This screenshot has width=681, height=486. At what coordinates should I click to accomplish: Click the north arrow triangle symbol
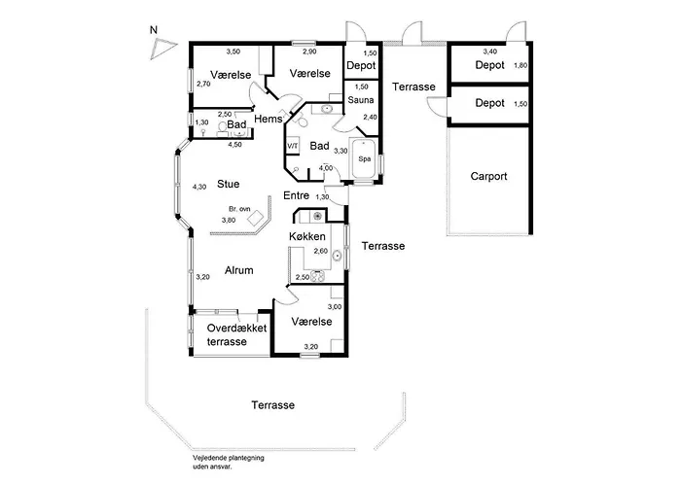(x=162, y=49)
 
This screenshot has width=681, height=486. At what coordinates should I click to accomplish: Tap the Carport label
(x=488, y=177)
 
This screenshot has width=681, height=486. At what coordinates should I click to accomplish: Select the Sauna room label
(x=361, y=100)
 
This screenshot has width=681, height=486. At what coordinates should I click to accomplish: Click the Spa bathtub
(x=365, y=158)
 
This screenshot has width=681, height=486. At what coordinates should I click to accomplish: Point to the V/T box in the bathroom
(x=292, y=146)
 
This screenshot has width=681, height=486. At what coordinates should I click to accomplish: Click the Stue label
(x=229, y=184)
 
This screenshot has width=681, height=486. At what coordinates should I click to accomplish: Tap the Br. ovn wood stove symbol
(x=256, y=218)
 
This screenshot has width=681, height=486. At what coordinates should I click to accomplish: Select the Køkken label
(x=307, y=236)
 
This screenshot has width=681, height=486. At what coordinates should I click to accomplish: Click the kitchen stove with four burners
(x=318, y=276)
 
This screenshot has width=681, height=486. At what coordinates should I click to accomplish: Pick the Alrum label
(x=239, y=270)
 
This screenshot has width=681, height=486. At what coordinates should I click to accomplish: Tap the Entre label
(x=296, y=195)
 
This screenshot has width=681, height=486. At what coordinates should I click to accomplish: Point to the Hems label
(x=268, y=119)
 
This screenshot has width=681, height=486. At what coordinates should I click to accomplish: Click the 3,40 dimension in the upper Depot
(x=490, y=52)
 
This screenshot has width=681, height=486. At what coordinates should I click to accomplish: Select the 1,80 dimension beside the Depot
(x=520, y=65)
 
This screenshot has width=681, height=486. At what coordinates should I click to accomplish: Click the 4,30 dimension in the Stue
(x=199, y=187)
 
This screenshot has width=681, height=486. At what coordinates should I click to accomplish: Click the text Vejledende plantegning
(x=229, y=458)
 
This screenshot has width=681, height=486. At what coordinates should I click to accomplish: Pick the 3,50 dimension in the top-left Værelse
(x=233, y=52)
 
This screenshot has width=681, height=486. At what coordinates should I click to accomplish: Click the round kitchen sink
(x=337, y=256)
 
